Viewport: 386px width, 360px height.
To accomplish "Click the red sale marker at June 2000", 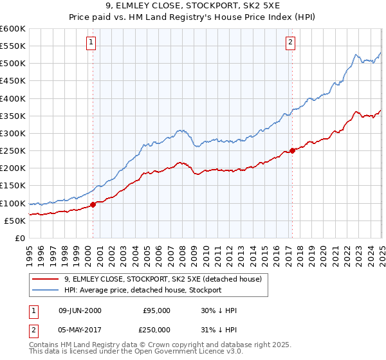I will pyautogui.click(x=93, y=204).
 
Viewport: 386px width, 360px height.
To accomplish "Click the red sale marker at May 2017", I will pyautogui.click(x=292, y=150).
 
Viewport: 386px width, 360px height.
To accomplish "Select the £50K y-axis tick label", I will pyautogui.click(x=15, y=221).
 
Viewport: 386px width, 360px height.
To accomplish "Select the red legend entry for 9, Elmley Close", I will pyautogui.click(x=163, y=279).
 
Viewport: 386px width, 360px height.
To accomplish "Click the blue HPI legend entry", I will pyautogui.click(x=142, y=290).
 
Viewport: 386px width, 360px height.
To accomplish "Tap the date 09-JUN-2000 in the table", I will pyautogui.click(x=79, y=310).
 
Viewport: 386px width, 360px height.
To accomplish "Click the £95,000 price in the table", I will pyautogui.click(x=156, y=310).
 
